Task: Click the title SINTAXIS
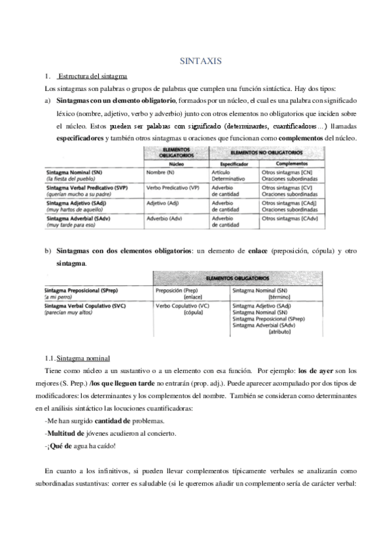point(202,61)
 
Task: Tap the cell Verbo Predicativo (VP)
point(173,188)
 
